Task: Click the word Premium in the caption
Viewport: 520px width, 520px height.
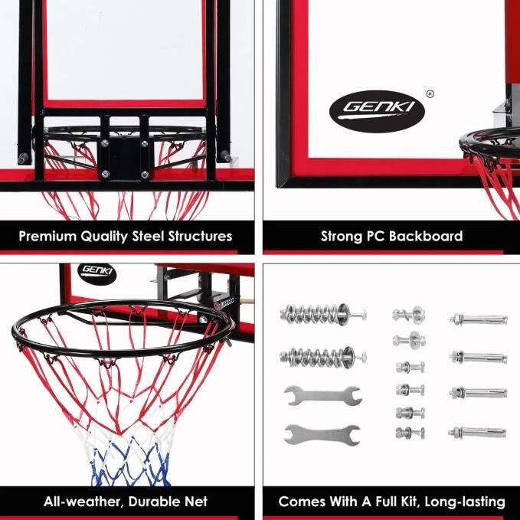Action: (47, 236)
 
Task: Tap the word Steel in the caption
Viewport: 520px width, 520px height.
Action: (148, 236)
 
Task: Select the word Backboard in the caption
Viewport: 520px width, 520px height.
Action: (426, 236)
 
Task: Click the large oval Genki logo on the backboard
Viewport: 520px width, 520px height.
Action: (377, 111)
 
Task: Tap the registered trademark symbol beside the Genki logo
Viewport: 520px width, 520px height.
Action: (430, 94)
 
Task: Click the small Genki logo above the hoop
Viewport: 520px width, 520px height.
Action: (96, 273)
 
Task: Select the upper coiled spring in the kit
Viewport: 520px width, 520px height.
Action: (323, 313)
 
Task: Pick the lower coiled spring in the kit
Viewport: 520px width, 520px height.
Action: (323, 357)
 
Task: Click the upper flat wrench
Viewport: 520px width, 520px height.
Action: (322, 395)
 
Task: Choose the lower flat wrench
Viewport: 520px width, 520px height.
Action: (322, 434)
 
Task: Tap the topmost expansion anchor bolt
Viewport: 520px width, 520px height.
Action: (478, 319)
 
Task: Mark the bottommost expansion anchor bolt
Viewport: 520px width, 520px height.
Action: (477, 432)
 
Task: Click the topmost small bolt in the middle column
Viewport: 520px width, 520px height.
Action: (409, 315)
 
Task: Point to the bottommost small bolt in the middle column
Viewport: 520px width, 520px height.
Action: (410, 433)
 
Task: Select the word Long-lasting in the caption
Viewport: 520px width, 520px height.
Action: (465, 502)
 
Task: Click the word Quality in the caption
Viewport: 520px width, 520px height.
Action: (104, 237)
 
